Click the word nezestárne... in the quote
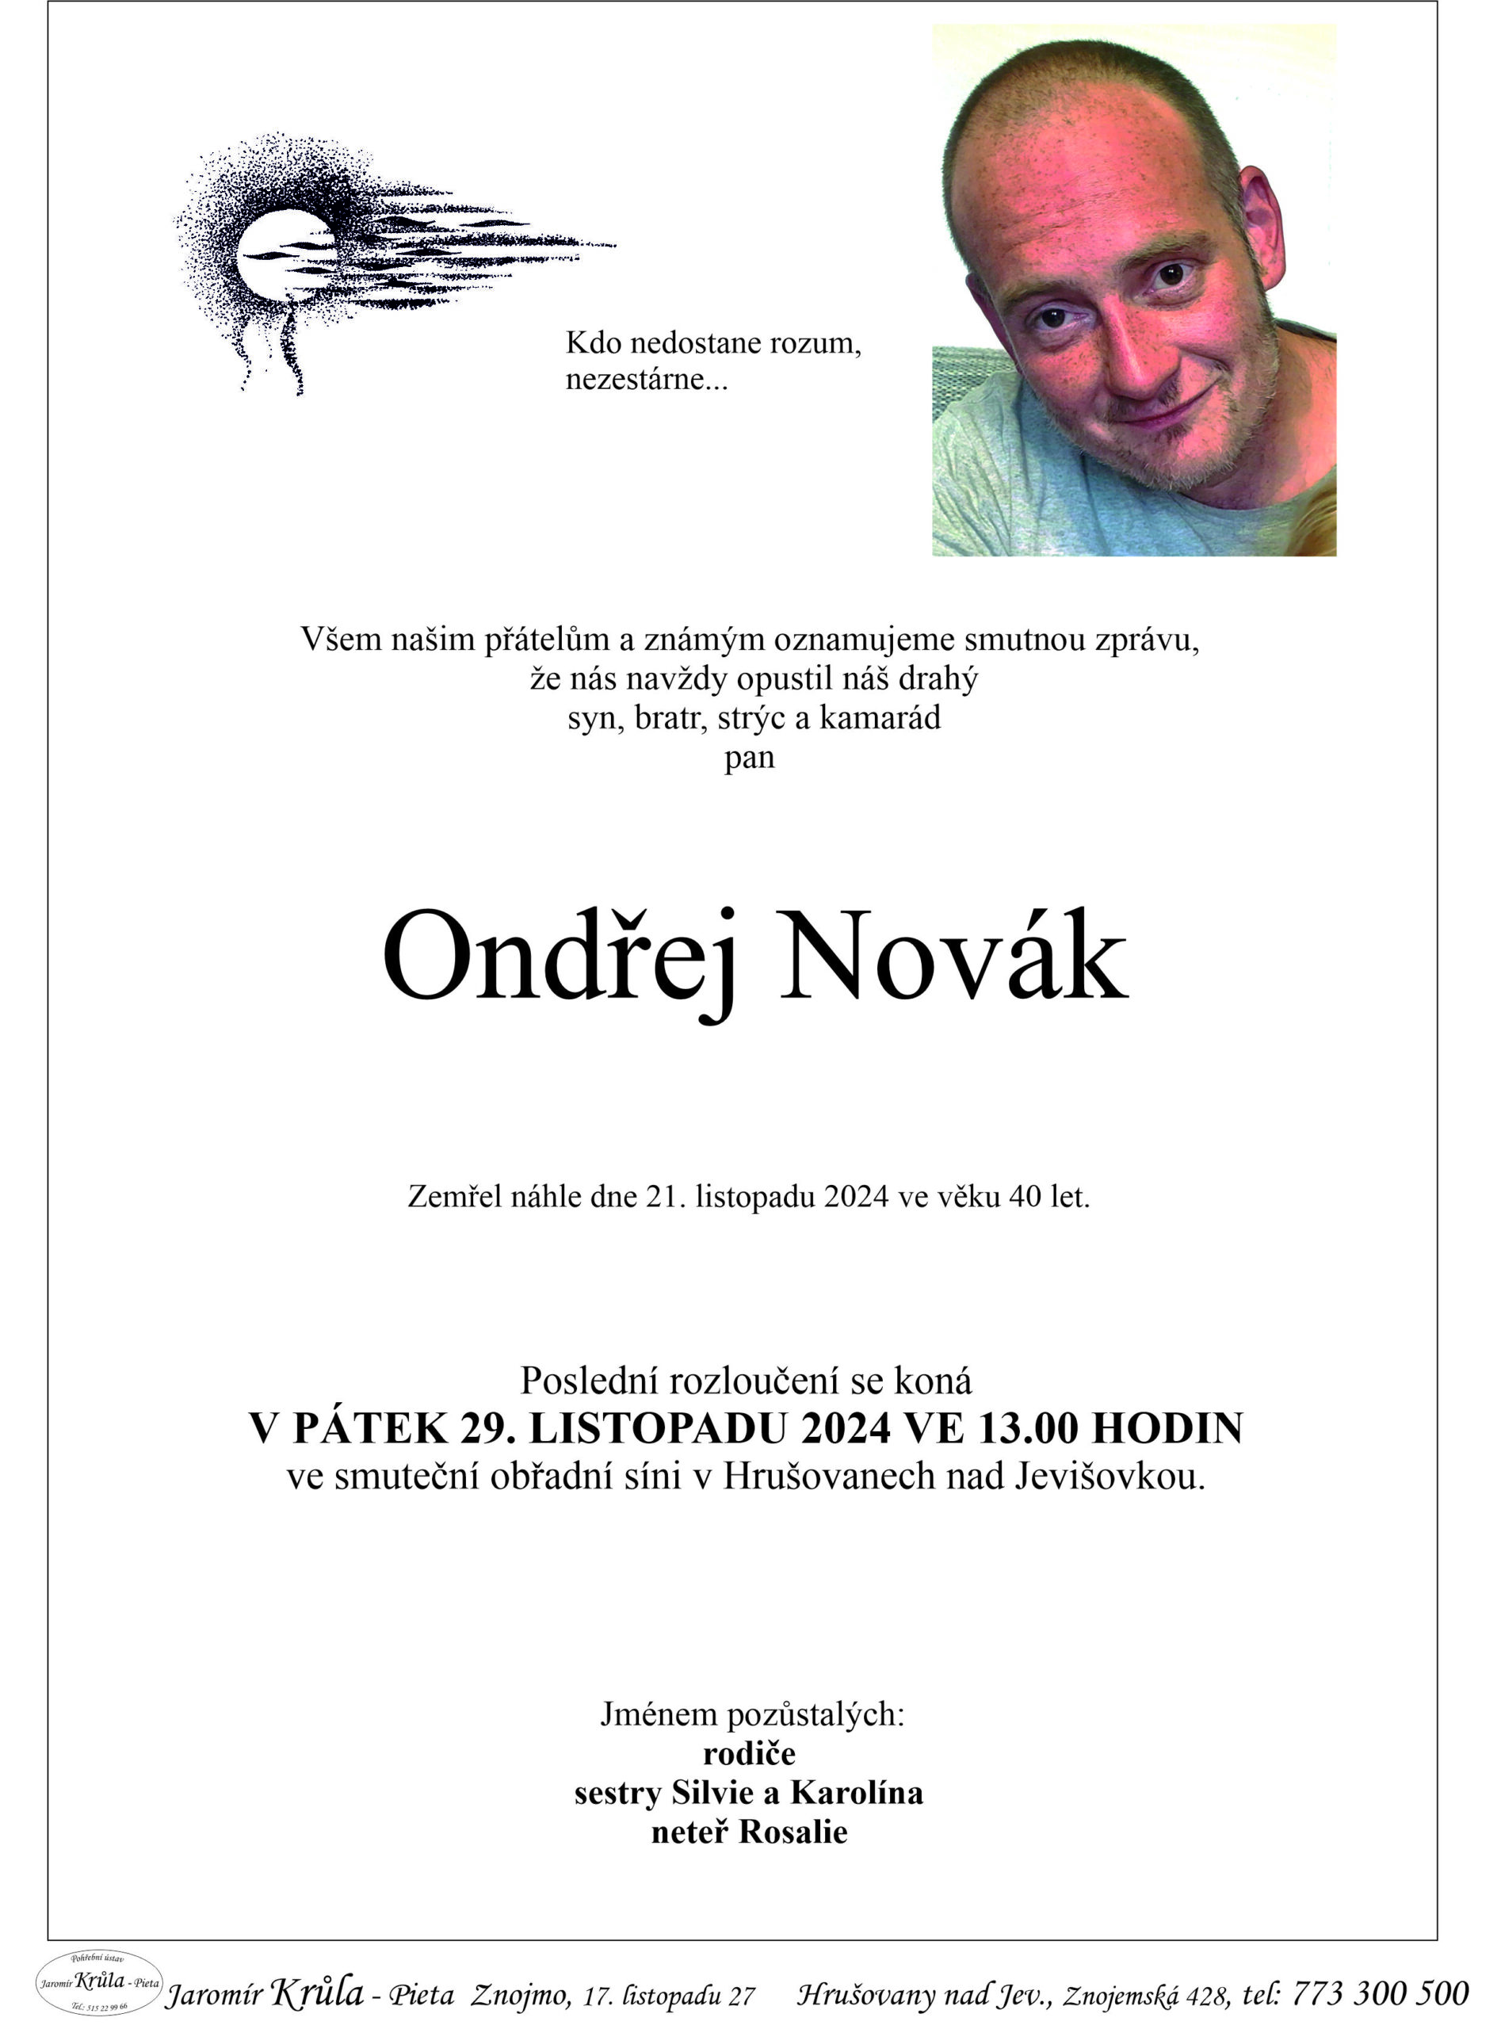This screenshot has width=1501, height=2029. [646, 379]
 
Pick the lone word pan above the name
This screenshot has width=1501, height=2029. [750, 758]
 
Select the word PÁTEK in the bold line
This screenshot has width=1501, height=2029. [371, 1428]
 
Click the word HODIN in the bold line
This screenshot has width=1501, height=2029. [1167, 1428]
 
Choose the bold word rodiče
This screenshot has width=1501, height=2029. [750, 1752]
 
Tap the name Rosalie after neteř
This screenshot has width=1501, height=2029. [793, 1832]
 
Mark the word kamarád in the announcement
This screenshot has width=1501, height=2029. [880, 719]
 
